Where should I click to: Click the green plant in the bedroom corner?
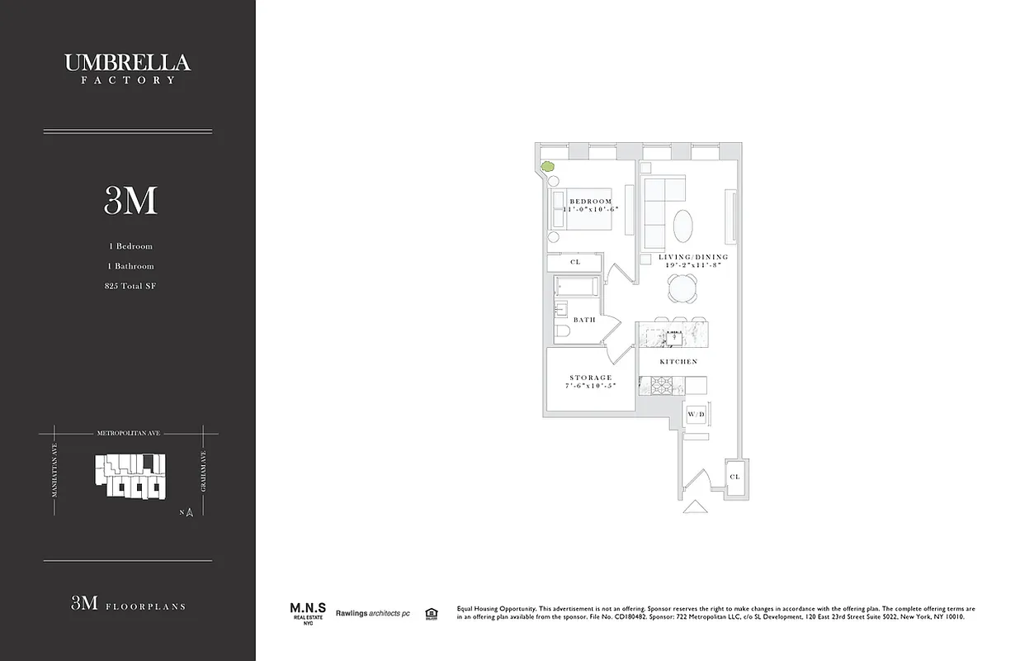[546, 167]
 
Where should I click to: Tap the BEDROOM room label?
[591, 202]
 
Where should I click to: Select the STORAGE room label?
[591, 378]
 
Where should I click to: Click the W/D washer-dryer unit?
[695, 414]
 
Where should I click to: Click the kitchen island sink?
[674, 336]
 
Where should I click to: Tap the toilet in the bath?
[563, 331]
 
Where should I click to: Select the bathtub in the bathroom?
[576, 287]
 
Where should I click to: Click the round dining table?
[682, 288]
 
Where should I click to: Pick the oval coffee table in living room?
[683, 226]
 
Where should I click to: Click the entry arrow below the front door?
[695, 507]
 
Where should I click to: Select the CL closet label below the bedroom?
[575, 262]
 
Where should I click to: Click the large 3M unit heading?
[130, 201]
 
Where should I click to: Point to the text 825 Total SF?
[130, 286]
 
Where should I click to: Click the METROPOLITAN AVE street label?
[129, 432]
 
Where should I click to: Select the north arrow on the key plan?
[189, 512]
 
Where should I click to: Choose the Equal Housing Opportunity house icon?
[430, 613]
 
